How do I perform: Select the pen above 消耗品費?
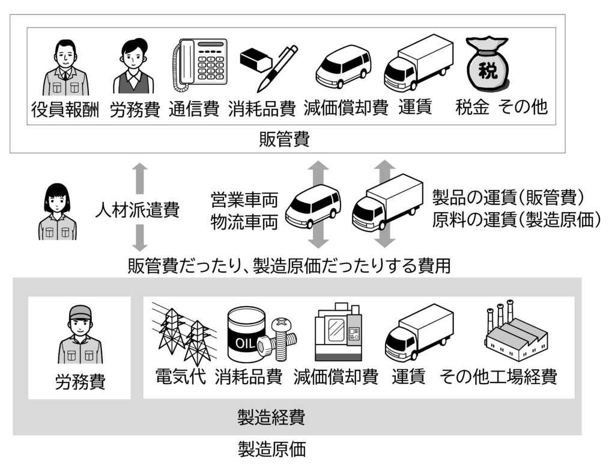pos(278,67)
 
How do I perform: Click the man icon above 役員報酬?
pos(64,67)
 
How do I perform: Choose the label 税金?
pos(472,108)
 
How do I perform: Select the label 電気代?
pos(180,377)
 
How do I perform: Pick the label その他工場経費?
pos(498,377)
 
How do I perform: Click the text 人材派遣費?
pos(137,210)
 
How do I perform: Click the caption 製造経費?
pos(271,417)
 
